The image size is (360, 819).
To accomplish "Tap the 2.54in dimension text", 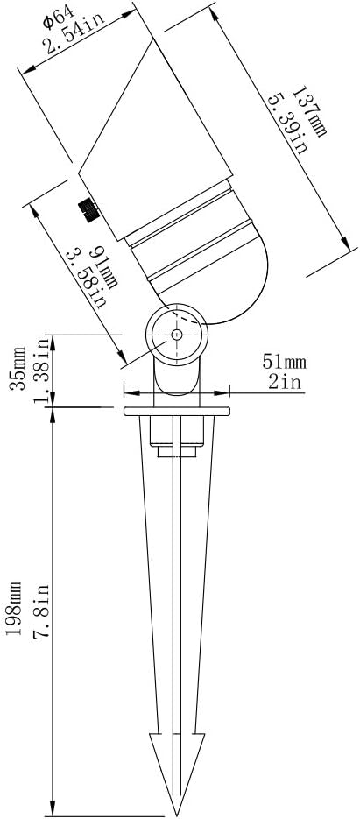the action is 74,33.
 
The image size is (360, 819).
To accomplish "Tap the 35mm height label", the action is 18,368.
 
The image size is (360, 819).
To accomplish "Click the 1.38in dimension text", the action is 44,371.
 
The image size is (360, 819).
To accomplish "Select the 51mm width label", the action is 283,362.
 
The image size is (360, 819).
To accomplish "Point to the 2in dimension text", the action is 286,382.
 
